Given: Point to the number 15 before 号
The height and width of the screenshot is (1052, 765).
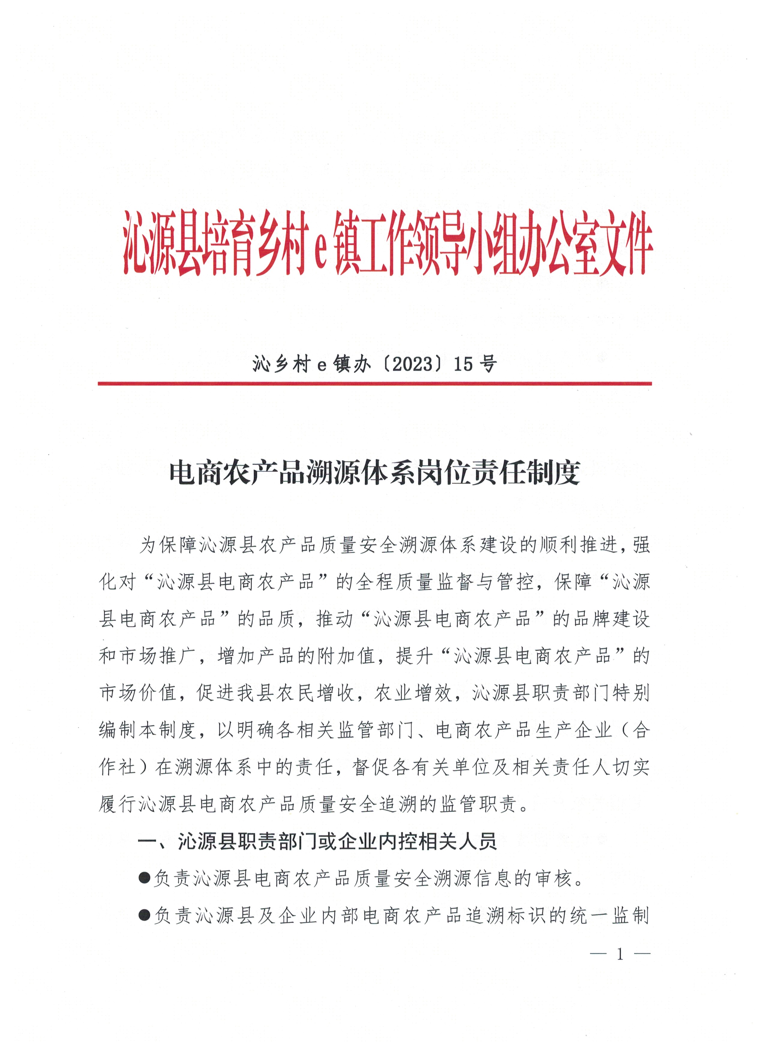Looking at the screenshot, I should pyautogui.click(x=463, y=364).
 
